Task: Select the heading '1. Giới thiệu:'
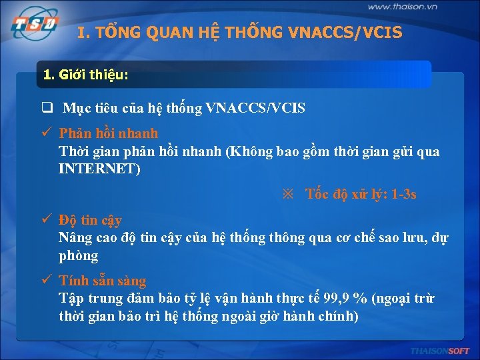click(85, 75)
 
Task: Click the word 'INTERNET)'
click(99, 169)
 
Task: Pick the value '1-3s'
click(403, 195)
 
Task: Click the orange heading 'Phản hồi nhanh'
click(109, 133)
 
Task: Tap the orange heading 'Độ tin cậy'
click(90, 219)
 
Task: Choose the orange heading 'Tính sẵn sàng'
click(103, 281)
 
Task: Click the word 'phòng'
click(78, 256)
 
